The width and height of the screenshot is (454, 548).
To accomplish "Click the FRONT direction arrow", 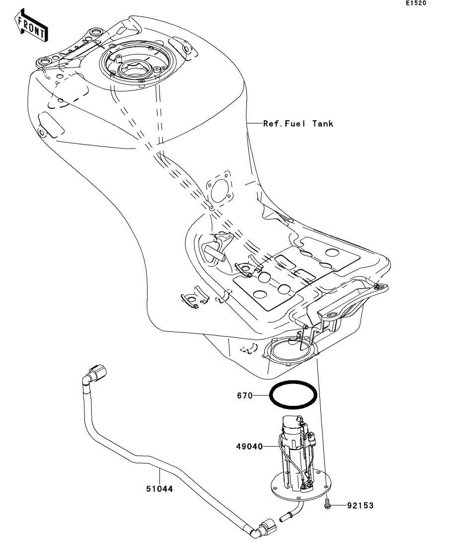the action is (31, 26).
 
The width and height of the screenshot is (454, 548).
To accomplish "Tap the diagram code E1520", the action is (416, 3).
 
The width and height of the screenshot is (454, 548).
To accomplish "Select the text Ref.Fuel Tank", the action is (298, 123).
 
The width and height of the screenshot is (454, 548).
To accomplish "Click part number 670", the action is (245, 395).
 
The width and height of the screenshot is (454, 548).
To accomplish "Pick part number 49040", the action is (249, 446).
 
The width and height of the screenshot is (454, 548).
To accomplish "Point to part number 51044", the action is (159, 489).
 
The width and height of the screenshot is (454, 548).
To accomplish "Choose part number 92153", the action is (360, 505).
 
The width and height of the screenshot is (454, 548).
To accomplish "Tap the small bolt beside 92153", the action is (327, 504).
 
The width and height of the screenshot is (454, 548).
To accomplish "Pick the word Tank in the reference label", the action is (323, 123).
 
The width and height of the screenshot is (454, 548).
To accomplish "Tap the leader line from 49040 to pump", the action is (271, 446).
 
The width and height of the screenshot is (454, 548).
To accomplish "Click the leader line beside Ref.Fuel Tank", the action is (254, 123).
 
